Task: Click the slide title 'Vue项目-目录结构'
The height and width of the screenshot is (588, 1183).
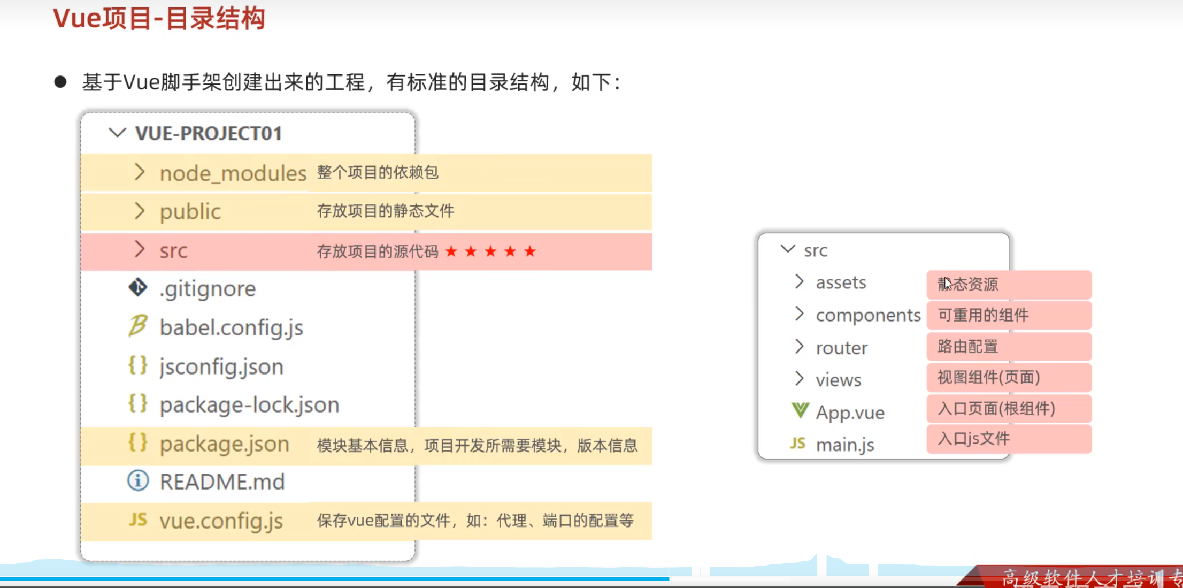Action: (x=159, y=19)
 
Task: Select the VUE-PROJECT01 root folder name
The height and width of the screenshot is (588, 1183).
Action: (x=209, y=133)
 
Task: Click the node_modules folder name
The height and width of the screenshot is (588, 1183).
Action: (x=233, y=173)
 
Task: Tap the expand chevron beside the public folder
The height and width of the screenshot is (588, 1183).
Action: (x=139, y=211)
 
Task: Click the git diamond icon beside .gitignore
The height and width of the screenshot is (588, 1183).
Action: (x=138, y=288)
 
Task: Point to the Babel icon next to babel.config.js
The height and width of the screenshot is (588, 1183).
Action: (x=138, y=326)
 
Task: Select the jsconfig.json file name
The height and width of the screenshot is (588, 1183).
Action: (x=221, y=366)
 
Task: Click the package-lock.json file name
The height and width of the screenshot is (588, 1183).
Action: (x=249, y=405)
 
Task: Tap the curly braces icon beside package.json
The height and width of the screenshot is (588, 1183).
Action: (x=138, y=443)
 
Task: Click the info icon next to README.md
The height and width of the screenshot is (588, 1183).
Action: (x=138, y=480)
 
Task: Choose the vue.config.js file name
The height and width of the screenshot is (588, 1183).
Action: (x=221, y=521)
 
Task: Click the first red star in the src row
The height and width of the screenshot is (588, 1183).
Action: (x=451, y=251)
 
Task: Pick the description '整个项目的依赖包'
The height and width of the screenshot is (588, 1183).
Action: (x=378, y=172)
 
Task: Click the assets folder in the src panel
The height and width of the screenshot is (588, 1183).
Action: (x=841, y=282)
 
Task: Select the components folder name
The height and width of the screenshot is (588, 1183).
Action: (x=868, y=315)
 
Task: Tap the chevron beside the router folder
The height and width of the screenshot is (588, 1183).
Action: (x=800, y=347)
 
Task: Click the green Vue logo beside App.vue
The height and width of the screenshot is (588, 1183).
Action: (x=800, y=411)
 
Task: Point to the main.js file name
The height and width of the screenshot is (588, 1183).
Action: (x=845, y=445)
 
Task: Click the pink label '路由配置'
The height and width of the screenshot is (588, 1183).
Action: (x=967, y=347)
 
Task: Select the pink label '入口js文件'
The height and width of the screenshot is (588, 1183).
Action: (x=973, y=439)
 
